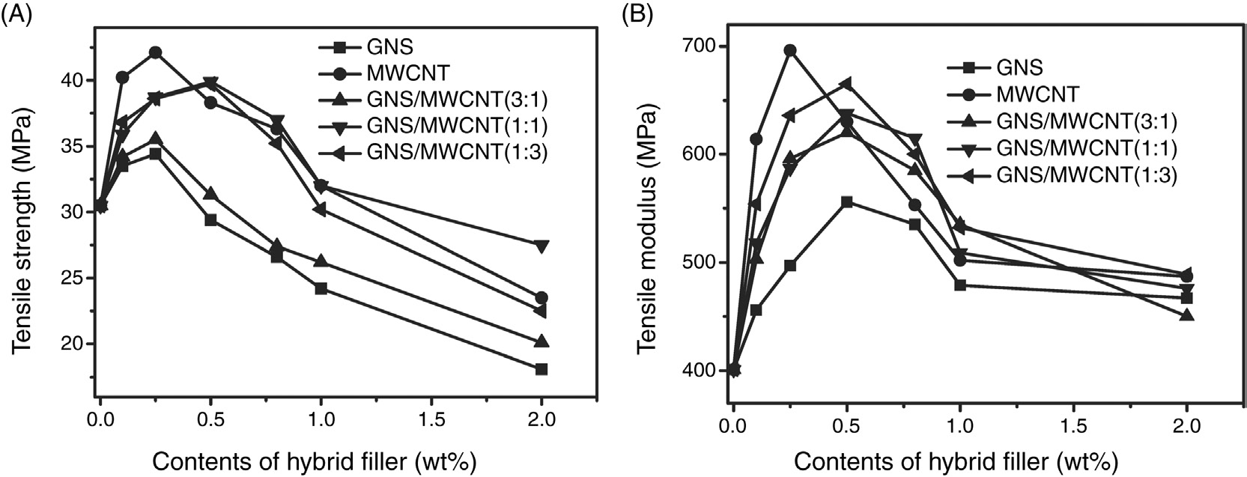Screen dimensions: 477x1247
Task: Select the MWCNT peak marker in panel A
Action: pyautogui.click(x=155, y=52)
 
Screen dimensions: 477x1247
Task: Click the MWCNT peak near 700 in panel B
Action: pyautogui.click(x=789, y=50)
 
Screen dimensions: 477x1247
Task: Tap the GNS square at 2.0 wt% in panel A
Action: pyautogui.click(x=541, y=369)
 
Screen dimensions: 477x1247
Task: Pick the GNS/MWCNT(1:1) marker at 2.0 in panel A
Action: pyautogui.click(x=541, y=246)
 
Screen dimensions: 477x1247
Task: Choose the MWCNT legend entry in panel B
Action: pyautogui.click(x=1037, y=94)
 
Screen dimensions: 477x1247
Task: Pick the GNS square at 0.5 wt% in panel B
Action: pyautogui.click(x=847, y=202)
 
